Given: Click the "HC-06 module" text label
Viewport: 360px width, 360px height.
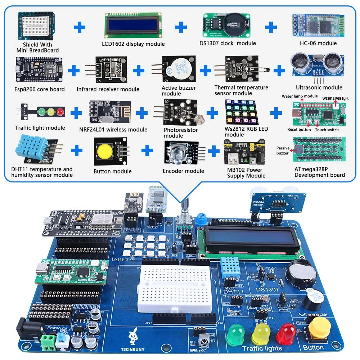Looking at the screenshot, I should coord(318,43).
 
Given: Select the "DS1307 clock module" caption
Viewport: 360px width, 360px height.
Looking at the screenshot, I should coord(228,43).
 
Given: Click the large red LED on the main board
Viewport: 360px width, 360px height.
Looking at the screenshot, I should coord(286,333).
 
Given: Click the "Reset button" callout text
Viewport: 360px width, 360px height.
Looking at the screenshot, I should coord(299,130).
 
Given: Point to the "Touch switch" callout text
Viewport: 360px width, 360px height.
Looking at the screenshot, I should coord(327,130).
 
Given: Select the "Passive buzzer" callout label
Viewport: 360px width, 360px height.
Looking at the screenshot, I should coord(283,150).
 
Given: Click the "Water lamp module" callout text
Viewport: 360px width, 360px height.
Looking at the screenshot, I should coord(300,96).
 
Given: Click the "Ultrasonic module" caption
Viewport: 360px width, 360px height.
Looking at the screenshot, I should coord(319,87).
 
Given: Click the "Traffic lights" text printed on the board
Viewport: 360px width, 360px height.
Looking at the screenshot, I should coord(262,348).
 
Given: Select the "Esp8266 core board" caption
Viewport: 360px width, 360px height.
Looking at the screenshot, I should coord(40,89).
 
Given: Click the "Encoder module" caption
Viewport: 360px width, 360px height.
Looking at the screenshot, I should coord(183,171).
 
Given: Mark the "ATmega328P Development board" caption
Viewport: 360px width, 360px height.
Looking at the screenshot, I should coord(320,172).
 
